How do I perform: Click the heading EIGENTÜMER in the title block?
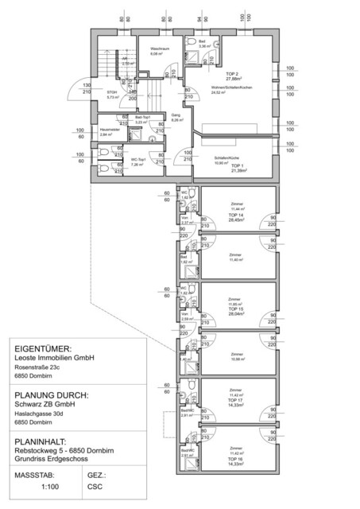(x=43, y=348)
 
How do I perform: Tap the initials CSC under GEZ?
(x=96, y=492)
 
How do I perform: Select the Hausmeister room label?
(x=109, y=130)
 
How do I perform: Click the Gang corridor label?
(x=176, y=115)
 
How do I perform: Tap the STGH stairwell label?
(x=112, y=93)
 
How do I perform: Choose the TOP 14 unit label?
(x=235, y=216)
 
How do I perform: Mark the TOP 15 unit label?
(x=235, y=308)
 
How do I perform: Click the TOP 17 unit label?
(x=235, y=400)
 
